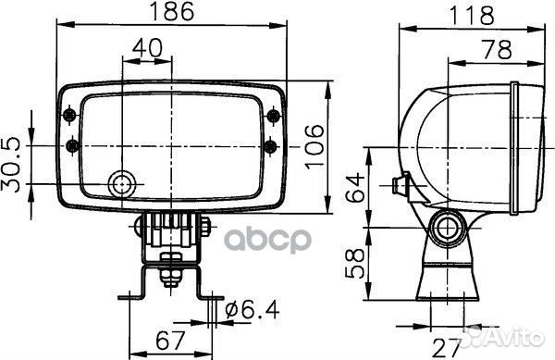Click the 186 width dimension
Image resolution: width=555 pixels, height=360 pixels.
click(x=172, y=12)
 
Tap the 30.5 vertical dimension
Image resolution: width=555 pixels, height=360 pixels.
click(x=12, y=164)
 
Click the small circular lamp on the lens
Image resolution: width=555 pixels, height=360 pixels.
click(x=120, y=184)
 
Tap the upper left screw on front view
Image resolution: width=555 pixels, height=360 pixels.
click(x=72, y=115)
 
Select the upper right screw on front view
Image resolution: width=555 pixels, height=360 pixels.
click(x=271, y=115)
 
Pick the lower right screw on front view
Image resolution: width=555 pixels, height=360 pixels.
click(x=271, y=145)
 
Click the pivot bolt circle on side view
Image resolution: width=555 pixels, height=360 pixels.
click(x=450, y=228)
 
